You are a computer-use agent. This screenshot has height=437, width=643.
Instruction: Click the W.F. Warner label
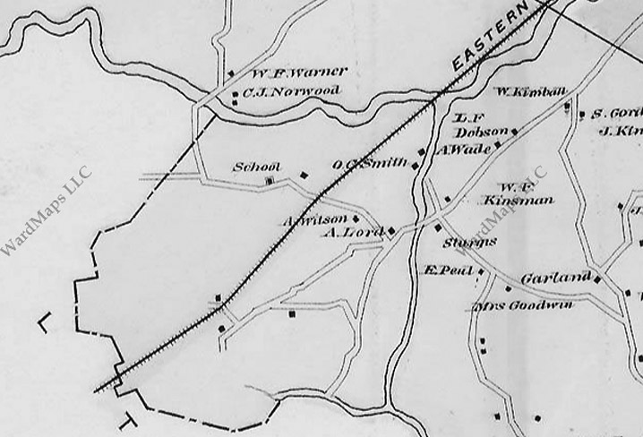[286, 73]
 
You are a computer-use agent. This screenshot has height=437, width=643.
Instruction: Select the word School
[257, 167]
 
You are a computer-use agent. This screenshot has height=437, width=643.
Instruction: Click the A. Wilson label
[315, 219]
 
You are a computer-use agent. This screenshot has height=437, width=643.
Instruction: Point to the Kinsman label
[519, 201]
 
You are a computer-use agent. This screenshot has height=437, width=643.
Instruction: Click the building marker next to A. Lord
[391, 231]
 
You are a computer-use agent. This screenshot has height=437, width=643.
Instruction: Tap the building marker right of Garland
[597, 278]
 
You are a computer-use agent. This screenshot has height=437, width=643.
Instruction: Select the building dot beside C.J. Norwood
[236, 92]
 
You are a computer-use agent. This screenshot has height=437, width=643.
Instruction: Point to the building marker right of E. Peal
[481, 270]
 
